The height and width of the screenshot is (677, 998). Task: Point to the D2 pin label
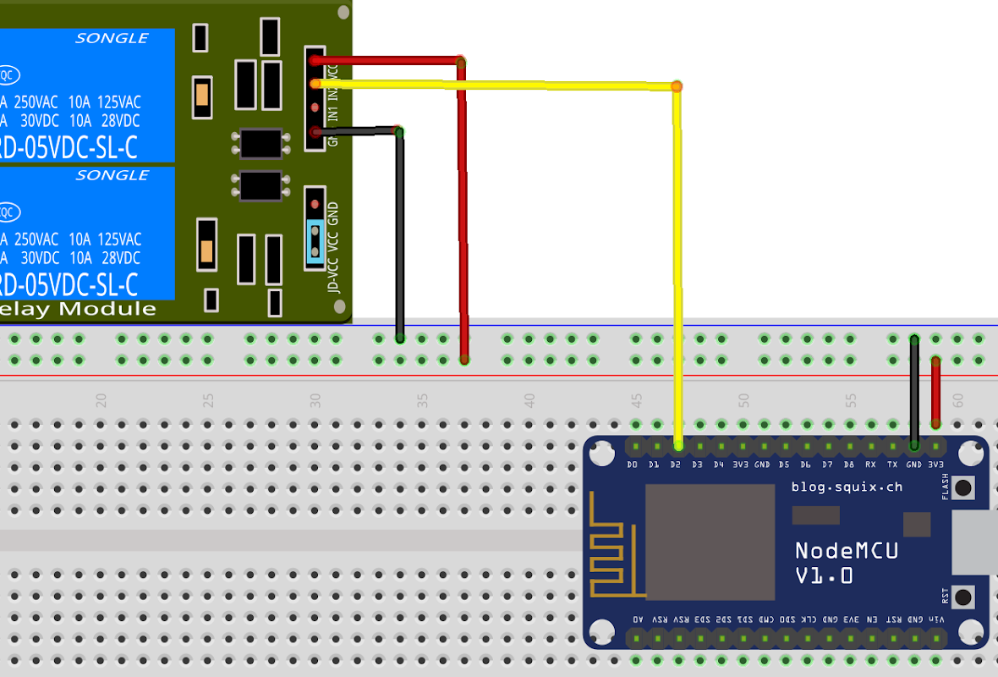click(675, 465)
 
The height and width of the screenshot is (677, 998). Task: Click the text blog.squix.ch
click(847, 487)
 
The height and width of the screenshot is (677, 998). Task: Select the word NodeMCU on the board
click(846, 551)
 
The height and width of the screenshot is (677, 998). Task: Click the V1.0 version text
click(824, 576)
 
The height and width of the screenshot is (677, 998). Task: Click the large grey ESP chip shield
click(710, 542)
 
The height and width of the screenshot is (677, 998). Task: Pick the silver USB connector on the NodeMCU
click(975, 542)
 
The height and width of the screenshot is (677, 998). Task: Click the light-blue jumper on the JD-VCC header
click(315, 241)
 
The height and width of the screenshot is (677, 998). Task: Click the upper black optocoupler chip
click(260, 143)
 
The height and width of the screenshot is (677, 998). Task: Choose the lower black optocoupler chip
click(260, 185)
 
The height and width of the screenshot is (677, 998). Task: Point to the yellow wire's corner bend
click(677, 86)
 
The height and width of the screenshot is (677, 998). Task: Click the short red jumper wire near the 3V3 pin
click(935, 391)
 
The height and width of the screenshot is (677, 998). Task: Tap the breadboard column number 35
click(422, 400)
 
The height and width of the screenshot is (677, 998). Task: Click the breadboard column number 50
click(743, 400)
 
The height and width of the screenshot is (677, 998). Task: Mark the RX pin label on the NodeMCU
click(870, 465)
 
